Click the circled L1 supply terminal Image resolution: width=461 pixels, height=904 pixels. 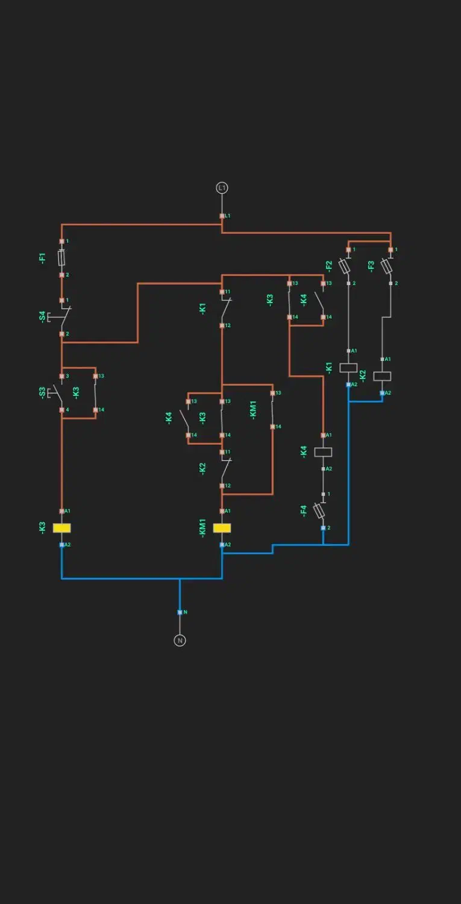[x=222, y=188]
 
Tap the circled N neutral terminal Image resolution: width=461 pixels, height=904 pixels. [x=180, y=640]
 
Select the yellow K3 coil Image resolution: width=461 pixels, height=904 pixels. [x=61, y=528]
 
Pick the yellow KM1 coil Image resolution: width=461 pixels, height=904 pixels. [x=222, y=528]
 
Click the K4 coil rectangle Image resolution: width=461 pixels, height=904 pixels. [x=323, y=452]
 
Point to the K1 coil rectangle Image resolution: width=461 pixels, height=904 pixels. [x=348, y=368]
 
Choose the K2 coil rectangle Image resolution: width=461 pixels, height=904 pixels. [x=382, y=376]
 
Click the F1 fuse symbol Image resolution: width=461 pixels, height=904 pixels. [x=61, y=258]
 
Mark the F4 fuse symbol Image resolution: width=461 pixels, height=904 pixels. [x=321, y=511]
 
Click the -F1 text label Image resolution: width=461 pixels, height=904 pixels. [x=42, y=259]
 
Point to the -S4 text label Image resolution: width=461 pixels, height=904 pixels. [x=42, y=316]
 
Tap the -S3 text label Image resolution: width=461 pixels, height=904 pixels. [x=42, y=392]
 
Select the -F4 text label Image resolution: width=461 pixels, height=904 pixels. [x=304, y=511]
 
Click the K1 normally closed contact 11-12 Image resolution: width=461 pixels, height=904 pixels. [x=224, y=309]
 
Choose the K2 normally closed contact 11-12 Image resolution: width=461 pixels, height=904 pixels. [x=224, y=469]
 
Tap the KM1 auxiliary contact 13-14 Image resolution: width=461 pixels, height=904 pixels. [x=272, y=410]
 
